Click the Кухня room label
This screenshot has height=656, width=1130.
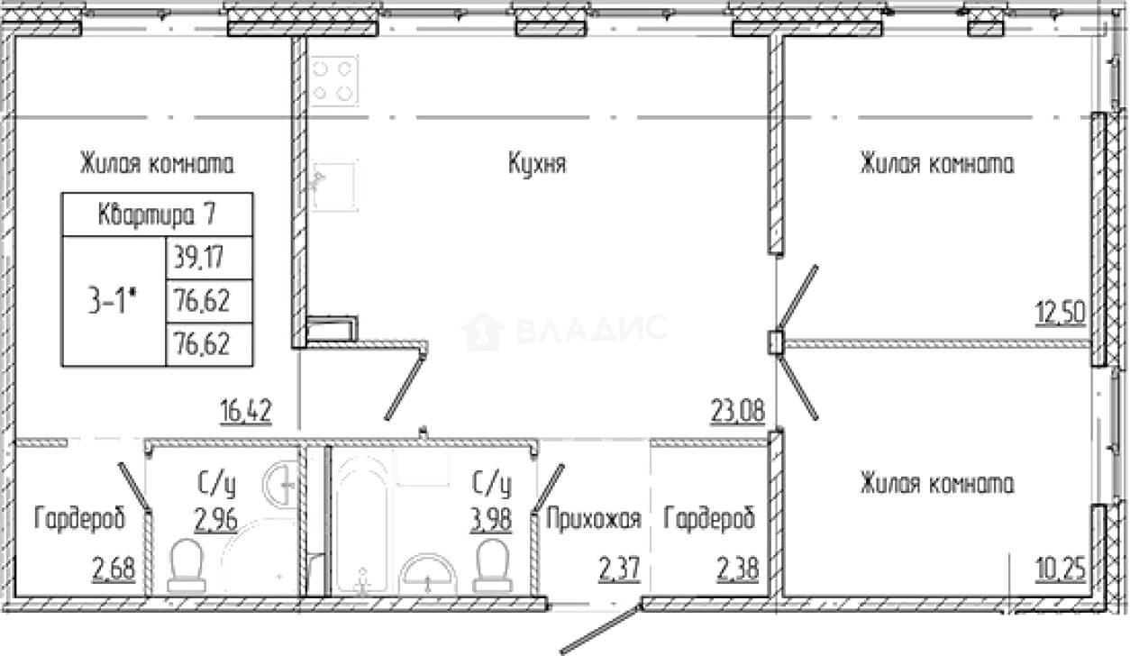(x=537, y=164)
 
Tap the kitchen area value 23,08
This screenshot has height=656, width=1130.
(x=737, y=411)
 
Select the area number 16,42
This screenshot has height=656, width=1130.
(x=246, y=411)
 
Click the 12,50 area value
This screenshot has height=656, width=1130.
(x=1060, y=313)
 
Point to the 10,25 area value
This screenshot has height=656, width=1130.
(x=1060, y=569)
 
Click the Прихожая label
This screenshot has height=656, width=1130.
(x=593, y=518)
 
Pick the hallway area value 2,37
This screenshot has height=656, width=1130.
(x=619, y=569)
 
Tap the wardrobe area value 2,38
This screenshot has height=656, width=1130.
(x=737, y=569)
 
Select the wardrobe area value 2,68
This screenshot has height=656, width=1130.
(x=114, y=569)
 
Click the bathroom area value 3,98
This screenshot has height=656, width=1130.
(x=491, y=520)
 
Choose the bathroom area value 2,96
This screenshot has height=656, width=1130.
(x=216, y=520)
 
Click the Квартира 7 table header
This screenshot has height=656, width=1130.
(x=157, y=214)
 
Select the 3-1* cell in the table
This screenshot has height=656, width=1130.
(x=114, y=301)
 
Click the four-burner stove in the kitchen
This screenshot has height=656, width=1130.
(x=334, y=81)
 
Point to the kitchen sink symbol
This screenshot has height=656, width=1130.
(x=334, y=187)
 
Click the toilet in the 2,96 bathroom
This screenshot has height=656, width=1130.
(x=187, y=565)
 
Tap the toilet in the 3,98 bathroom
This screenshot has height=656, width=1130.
(x=492, y=565)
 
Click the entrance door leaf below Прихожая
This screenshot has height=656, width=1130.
(x=600, y=629)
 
